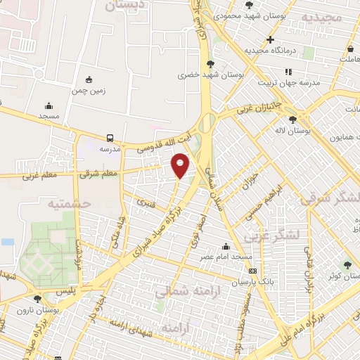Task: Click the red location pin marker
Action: point(181,165)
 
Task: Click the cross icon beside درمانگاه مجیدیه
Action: point(270,39)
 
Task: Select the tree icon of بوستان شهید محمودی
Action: point(249,5)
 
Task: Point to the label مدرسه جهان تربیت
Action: point(290,82)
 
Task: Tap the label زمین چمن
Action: point(88,90)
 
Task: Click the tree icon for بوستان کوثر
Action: point(347,264)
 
